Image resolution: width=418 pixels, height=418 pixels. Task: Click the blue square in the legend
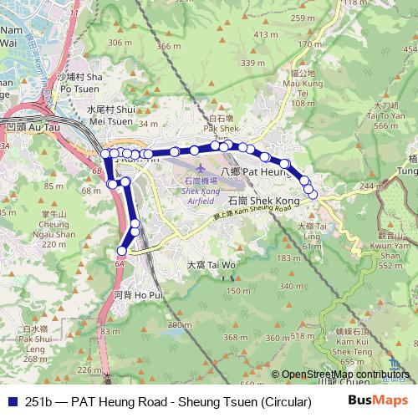point(10,402)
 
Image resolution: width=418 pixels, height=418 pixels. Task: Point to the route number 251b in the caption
point(37,402)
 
